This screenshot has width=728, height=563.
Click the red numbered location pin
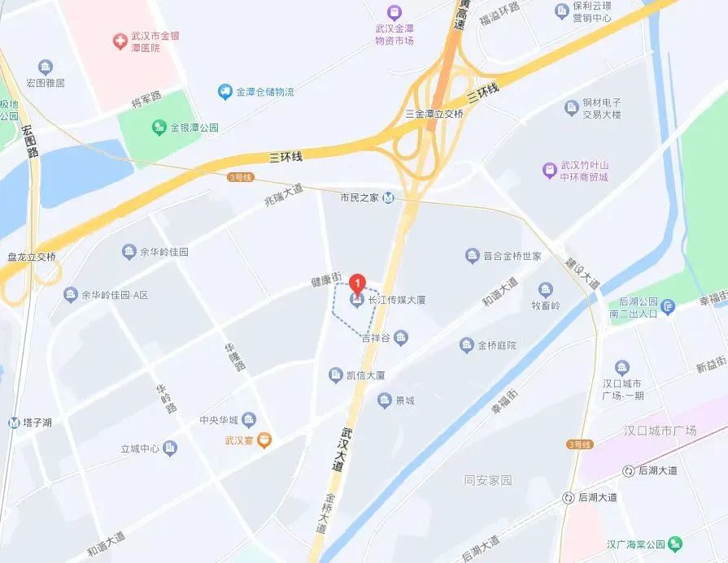pos(356,284)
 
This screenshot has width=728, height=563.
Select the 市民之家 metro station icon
pos(389,197)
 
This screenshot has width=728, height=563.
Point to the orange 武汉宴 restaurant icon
pos(264,441)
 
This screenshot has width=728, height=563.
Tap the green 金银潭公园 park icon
pos(159,128)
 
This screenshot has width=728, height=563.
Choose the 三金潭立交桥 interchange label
pos(434,114)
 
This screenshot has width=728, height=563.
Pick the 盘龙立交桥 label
pos(32,257)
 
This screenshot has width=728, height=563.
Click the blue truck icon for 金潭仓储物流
pos(225,93)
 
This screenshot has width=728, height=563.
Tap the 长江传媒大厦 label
pos(397,300)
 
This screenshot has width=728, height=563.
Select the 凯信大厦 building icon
pos(335,375)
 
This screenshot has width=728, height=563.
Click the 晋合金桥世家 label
pos(512,256)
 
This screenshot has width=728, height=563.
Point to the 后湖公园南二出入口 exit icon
pos(669,305)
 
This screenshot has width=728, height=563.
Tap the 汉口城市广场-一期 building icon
pos(622,367)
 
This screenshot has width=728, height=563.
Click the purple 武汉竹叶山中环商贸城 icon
pos(550,170)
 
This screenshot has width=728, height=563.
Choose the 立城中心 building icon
pos(169,448)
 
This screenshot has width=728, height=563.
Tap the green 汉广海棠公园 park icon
pos(677,544)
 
